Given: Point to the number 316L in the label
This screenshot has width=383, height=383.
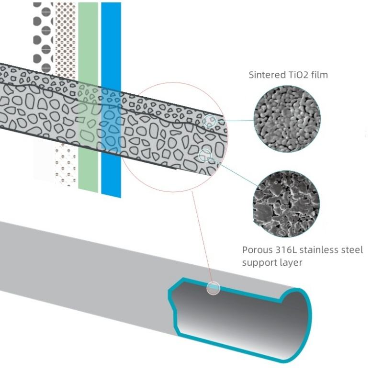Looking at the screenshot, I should click(286, 250).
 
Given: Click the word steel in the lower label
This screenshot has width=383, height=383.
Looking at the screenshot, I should click(353, 250).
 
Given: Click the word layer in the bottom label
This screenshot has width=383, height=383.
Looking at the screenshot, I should click(291, 262).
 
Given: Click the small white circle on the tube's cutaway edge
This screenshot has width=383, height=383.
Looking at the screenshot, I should click(213, 288).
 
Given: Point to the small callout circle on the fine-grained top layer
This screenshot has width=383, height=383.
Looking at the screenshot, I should click(209, 121).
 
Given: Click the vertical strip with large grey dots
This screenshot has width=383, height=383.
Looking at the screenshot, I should click(43, 34).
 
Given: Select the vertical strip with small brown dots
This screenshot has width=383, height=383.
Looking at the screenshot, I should click(66, 34).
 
